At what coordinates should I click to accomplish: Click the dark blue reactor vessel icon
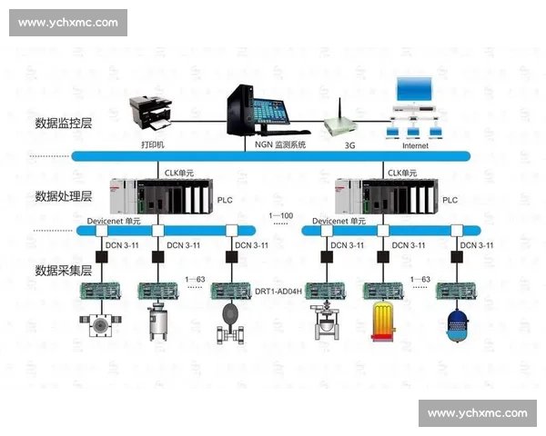pos(454,324)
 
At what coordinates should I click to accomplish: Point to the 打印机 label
pos(154,144)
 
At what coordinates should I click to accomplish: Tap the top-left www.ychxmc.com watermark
pos(68,22)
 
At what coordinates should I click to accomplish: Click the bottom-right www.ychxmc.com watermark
pos(477,413)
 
